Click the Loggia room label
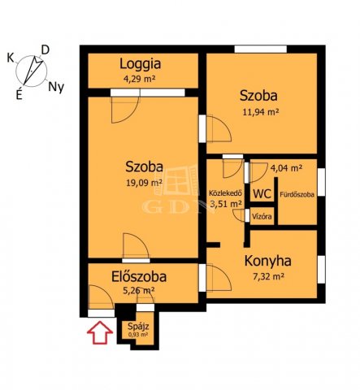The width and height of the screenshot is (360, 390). [x=141, y=64]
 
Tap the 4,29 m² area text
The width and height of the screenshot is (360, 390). [x=139, y=80]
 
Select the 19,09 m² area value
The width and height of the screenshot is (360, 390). [x=145, y=183]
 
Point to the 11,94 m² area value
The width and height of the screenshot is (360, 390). [x=261, y=111]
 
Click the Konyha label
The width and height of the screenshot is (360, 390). [x=267, y=261]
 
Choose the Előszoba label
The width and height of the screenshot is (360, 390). [x=139, y=276]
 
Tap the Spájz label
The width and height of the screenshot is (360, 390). [x=138, y=327]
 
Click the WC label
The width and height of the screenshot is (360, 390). [x=262, y=194]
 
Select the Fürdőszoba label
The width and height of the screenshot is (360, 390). [x=297, y=194]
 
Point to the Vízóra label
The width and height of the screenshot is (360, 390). [x=262, y=217]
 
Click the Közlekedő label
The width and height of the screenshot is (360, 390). [x=225, y=193]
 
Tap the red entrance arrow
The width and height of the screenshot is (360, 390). [x=100, y=332]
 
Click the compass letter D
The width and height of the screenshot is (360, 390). [x=45, y=50]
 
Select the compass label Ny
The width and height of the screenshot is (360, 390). [x=56, y=88]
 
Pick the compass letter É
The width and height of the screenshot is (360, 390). [x=19, y=94]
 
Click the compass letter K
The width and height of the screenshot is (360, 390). [x=11, y=58]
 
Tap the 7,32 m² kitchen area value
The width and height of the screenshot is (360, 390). [x=267, y=276]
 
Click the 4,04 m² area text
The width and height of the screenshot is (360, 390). [x=286, y=168]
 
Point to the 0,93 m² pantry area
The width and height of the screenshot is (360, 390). [x=138, y=335]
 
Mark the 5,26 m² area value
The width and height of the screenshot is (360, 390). [x=139, y=291]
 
